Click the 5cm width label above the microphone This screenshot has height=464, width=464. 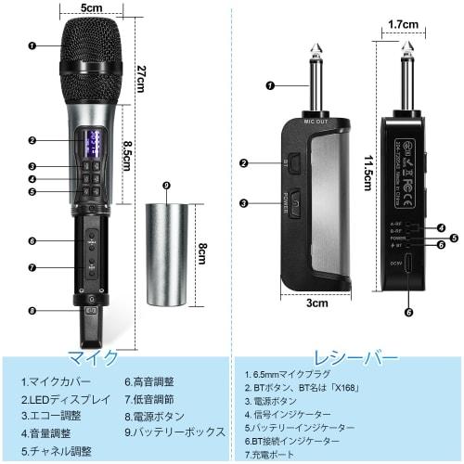[x=91, y=8]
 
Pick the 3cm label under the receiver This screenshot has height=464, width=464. [x=318, y=303]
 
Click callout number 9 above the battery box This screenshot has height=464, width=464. [x=166, y=186]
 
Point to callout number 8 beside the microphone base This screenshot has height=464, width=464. [x=33, y=311]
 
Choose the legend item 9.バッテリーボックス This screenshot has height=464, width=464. [x=175, y=432]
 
